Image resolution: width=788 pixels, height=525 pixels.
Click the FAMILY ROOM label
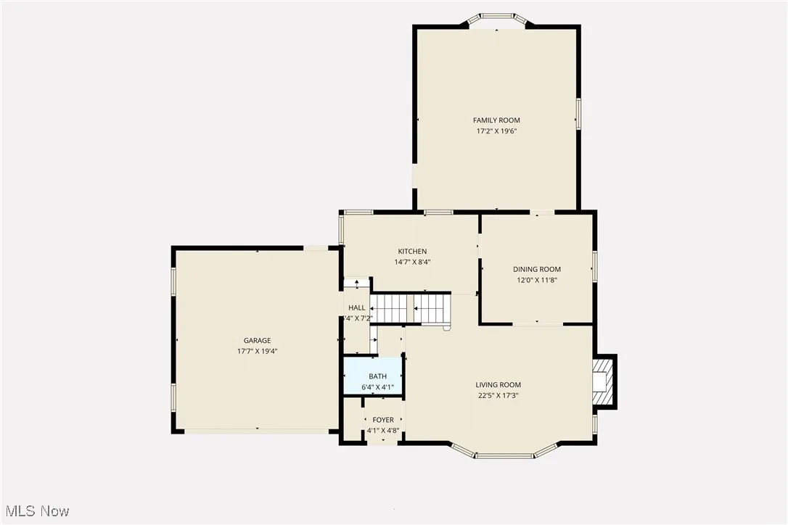pyautogui.click(x=496, y=120)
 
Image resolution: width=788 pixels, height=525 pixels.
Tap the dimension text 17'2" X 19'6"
pyautogui.click(x=496, y=131)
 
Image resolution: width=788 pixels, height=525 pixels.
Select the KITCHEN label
pyautogui.click(x=412, y=252)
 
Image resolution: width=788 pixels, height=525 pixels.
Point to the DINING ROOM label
pyautogui.click(x=537, y=269)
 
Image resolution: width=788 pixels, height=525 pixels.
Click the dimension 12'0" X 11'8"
pyautogui.click(x=537, y=280)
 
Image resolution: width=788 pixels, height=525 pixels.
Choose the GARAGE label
pyautogui.click(x=257, y=340)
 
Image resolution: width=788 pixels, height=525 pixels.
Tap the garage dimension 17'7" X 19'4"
pyautogui.click(x=257, y=351)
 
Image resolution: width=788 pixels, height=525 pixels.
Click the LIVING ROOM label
pyautogui.click(x=498, y=385)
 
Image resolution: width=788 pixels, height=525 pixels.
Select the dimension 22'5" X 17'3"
pyautogui.click(x=498, y=396)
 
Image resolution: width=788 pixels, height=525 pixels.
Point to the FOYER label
pyautogui.click(x=383, y=420)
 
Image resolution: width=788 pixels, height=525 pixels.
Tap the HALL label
pyautogui.click(x=356, y=308)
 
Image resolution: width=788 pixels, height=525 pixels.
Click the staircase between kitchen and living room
pyautogui.click(x=411, y=308)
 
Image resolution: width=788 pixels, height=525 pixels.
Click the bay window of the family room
pyautogui.click(x=497, y=17)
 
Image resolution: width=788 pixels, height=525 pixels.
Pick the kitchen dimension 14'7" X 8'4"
pyautogui.click(x=412, y=262)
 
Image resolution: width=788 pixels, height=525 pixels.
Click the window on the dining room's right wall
pyautogui.click(x=594, y=266)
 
